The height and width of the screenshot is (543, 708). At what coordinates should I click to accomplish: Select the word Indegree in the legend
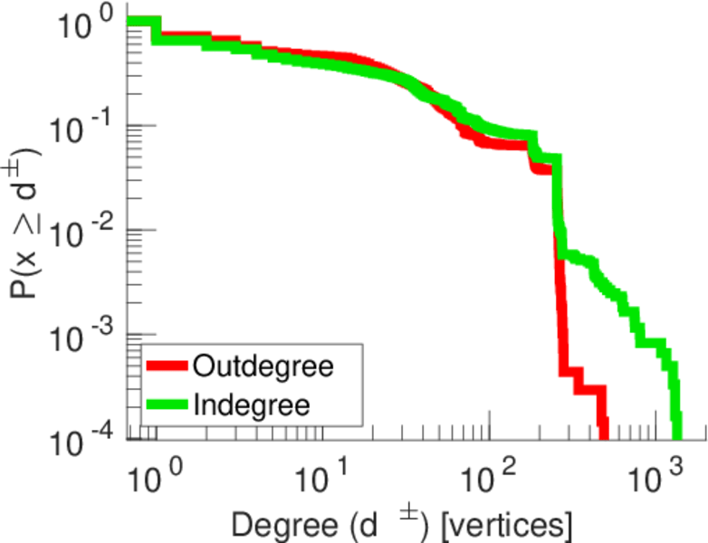point(252,404)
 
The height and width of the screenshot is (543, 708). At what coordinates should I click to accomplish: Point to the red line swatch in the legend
point(167,367)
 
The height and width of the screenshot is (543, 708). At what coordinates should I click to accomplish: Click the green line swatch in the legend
point(167,405)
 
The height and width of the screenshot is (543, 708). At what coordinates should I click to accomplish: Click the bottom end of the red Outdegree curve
point(602,433)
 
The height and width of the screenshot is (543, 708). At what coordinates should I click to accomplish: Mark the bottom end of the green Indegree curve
point(676,433)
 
